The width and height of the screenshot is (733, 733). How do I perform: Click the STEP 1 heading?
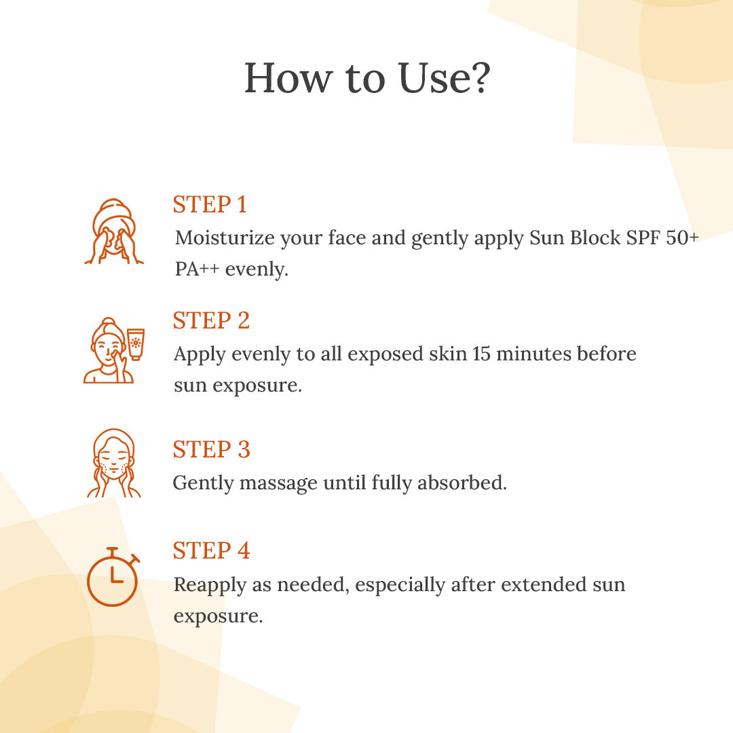point(210,204)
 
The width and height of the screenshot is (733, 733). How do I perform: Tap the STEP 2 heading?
point(211,320)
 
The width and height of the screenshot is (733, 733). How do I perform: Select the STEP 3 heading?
point(211,450)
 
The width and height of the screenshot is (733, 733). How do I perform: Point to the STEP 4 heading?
point(211,550)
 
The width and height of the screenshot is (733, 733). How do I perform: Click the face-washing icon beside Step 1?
point(113,231)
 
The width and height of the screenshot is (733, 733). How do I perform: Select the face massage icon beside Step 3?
point(113,463)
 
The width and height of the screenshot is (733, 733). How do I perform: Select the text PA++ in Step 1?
point(197,269)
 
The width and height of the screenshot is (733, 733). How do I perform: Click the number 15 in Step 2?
point(481,354)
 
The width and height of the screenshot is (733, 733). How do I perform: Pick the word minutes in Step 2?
point(527,354)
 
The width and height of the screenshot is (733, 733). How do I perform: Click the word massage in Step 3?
point(278,484)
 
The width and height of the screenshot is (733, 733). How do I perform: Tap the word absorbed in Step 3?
point(462,483)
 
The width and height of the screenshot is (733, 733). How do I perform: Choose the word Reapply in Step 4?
point(210,586)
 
